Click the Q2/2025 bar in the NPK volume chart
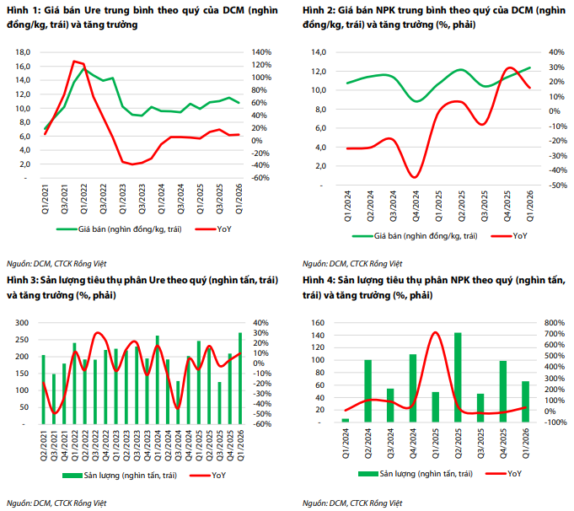pyautogui.click(x=458, y=377)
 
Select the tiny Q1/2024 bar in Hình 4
pyautogui.click(x=346, y=421)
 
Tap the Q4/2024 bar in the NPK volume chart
pyautogui.click(x=413, y=388)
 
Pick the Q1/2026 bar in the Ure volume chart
pyautogui.click(x=240, y=379)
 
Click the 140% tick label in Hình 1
pyautogui.click(x=261, y=52)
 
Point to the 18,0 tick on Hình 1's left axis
pyautogui.click(x=23, y=52)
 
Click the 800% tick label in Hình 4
pyautogui.click(x=555, y=323)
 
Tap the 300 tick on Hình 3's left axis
pyautogui.click(x=22, y=323)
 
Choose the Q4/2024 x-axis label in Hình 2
pyautogui.click(x=416, y=206)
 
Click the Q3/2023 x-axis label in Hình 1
pyautogui.click(x=142, y=199)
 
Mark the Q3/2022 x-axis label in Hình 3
pyautogui.click(x=95, y=445)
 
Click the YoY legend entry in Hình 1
pyautogui.click(x=213, y=229)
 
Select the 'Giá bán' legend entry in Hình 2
pyautogui.click(x=415, y=236)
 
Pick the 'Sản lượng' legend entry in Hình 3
pyautogui.click(x=120, y=476)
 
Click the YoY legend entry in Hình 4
pyautogui.click(x=504, y=474)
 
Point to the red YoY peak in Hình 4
pyautogui.click(x=435, y=332)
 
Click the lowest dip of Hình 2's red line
pyautogui.click(x=415, y=177)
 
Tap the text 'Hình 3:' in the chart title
pyautogui.click(x=22, y=280)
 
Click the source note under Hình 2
pyautogui.click(x=352, y=264)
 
